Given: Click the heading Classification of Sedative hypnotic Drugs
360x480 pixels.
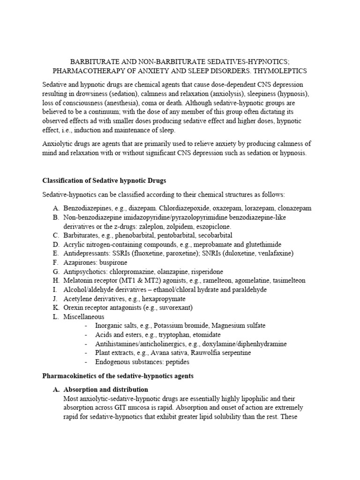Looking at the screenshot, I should pos(104,180).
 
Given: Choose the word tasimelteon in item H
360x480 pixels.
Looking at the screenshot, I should pos(286,280).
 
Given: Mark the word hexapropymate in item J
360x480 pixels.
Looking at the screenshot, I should pos(164,299).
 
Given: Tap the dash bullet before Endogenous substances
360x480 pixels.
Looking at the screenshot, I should pos(86,362).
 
